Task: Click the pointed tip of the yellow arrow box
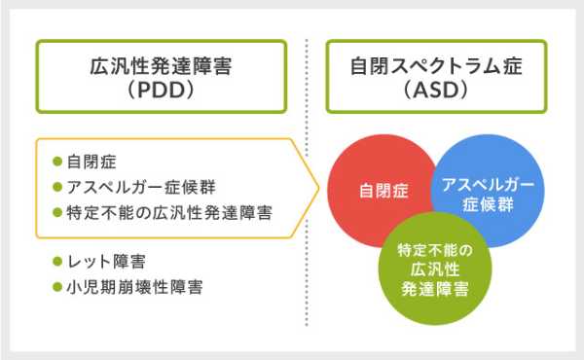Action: pos(319,188)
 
